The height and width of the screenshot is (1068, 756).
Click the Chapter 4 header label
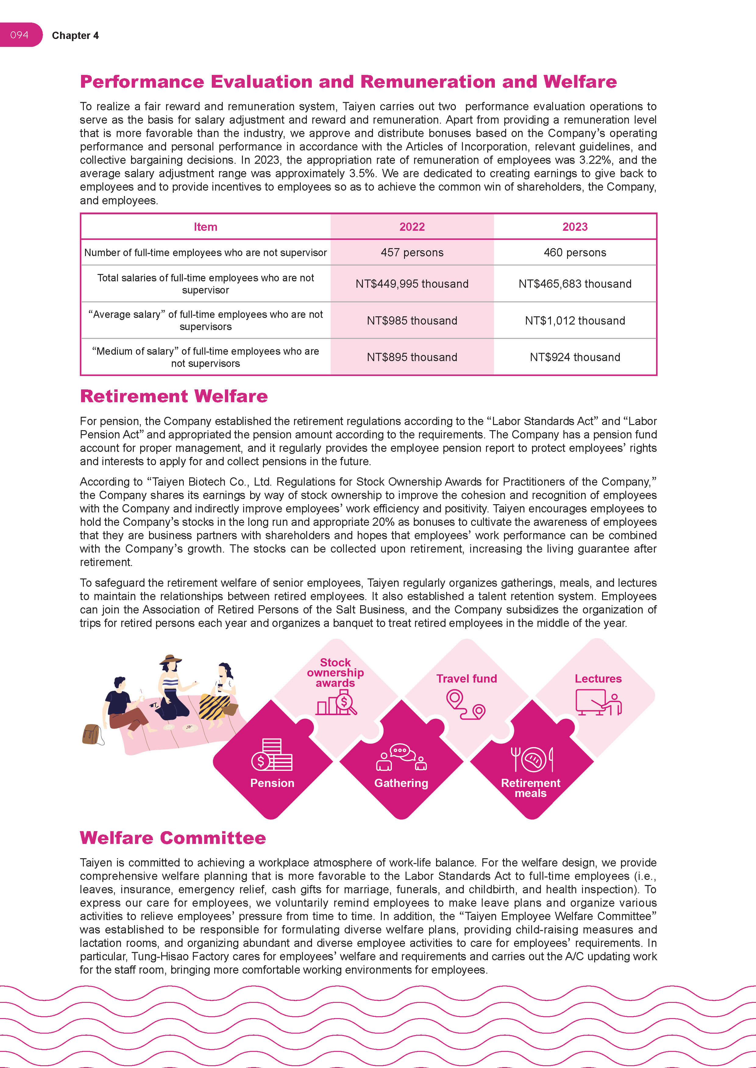click(75, 36)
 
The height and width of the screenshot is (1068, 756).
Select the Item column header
click(205, 227)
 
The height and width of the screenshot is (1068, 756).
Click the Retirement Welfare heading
click(174, 396)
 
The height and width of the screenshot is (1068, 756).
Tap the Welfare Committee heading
click(173, 838)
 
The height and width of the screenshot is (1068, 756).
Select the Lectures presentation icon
click(598, 702)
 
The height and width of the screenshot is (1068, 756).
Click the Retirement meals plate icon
click(532, 759)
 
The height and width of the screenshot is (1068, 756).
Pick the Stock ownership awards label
click(335, 673)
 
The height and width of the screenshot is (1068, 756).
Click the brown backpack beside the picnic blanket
click(92, 735)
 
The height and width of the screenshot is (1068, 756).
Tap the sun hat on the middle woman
click(170, 660)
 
